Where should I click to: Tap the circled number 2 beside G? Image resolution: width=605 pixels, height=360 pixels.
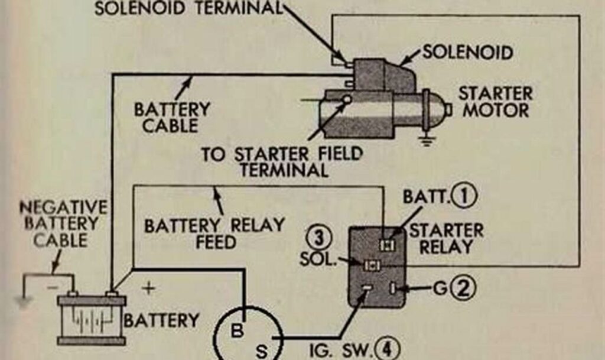pos(463,288)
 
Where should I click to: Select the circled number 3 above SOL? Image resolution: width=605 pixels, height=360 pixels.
pos(318,239)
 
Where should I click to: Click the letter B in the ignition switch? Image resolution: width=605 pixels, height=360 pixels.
pos(237,331)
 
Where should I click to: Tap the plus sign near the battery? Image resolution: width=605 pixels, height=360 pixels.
pos(149,289)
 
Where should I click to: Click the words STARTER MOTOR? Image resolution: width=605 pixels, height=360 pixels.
pos(495,102)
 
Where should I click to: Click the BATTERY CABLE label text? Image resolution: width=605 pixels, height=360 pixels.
pos(171,117)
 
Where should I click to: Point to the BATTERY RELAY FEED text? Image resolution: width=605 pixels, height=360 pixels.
pos(214,233)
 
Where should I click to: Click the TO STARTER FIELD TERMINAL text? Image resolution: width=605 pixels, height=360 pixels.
pos(281,162)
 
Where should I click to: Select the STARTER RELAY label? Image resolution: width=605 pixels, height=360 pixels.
pos(446,238)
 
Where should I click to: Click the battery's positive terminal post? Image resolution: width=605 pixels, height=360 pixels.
pos(111,293)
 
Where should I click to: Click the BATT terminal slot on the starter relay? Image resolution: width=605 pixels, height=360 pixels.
pos(387,243)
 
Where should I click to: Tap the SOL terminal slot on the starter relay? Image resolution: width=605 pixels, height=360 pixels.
pos(371,265)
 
